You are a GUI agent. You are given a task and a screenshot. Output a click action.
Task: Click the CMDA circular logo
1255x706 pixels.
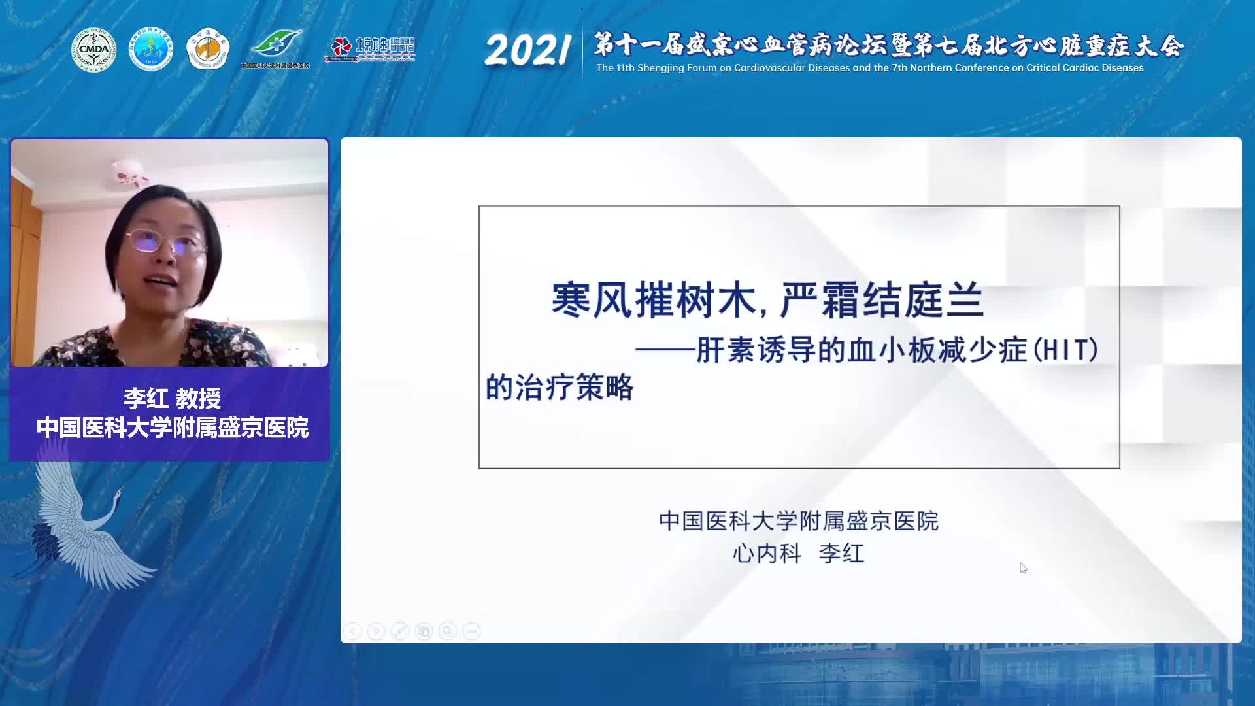pos(93,50)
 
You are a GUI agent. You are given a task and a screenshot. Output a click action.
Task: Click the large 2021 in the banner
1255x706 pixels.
pos(527,50)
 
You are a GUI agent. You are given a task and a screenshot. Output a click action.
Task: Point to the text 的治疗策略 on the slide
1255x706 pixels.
pos(560,387)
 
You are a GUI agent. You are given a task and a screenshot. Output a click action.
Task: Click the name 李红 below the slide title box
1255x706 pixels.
pos(842,554)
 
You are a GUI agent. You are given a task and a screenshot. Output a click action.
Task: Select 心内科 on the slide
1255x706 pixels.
pos(767,554)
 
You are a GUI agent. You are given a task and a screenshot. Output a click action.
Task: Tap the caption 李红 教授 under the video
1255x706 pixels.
pos(172,398)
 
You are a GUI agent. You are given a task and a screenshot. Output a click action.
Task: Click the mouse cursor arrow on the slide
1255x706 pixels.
pos(1023,568)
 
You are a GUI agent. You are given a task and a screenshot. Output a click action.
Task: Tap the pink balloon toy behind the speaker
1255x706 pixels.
pos(131,171)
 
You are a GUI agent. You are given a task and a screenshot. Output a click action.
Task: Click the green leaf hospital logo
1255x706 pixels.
pos(276,46)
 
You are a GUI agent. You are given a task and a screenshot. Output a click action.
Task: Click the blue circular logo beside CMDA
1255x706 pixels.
pos(150,50)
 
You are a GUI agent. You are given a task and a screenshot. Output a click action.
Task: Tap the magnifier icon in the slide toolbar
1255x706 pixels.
pos(448,631)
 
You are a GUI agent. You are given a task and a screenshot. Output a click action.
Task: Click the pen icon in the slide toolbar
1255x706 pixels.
pos(400,631)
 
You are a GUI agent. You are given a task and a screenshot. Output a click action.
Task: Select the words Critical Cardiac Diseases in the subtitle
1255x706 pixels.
pos(1082,68)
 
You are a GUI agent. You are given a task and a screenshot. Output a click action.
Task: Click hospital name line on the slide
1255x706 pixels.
pos(798,521)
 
